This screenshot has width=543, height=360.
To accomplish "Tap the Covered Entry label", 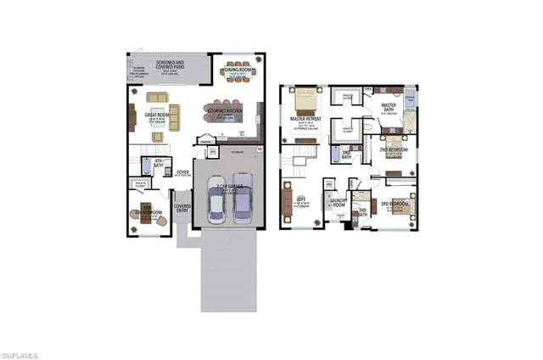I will tap(182, 208).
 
